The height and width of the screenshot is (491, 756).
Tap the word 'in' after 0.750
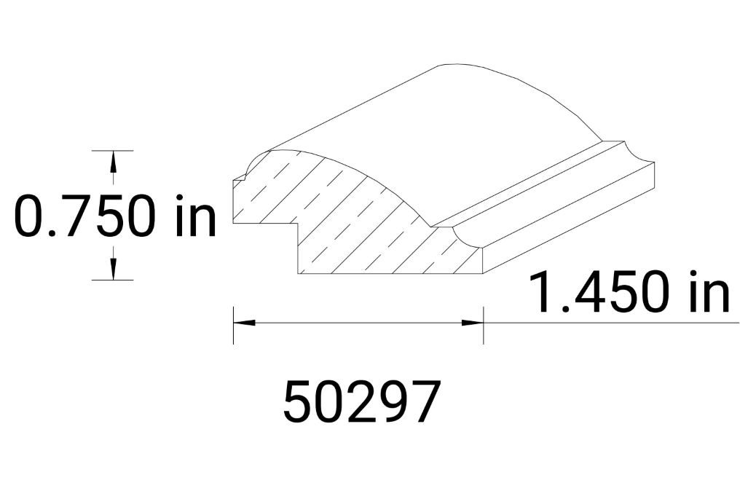coord(193,216)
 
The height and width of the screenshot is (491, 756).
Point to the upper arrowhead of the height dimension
coord(113,161)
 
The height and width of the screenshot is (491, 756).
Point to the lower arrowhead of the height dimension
coord(113,269)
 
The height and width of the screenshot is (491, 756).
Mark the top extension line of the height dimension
coord(113,150)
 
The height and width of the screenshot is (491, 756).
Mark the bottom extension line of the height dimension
coord(113,280)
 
